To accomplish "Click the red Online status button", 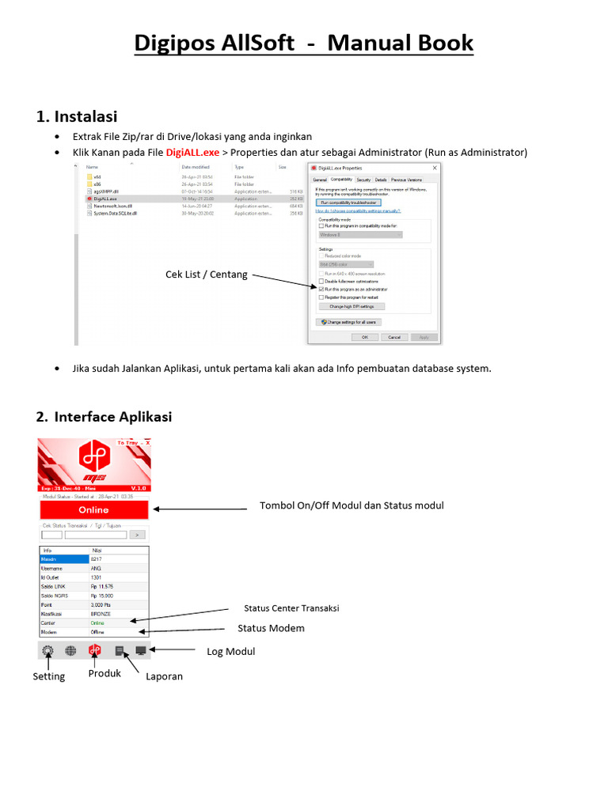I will (x=94, y=510).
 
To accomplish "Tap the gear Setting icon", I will (x=47, y=650).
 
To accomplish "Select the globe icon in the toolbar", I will (x=70, y=650).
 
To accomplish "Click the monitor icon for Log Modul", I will (x=141, y=650).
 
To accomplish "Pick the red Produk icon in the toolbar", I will (x=95, y=650).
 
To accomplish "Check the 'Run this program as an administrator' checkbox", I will (x=321, y=290).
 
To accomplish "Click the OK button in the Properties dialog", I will (x=365, y=337).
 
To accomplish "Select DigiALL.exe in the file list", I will (x=104, y=199).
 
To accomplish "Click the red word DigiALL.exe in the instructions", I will (x=192, y=153).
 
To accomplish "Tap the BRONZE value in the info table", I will (x=101, y=613).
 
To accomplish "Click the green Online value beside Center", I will (x=97, y=623).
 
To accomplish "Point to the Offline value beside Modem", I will (x=97, y=632).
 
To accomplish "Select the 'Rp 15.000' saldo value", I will (x=104, y=595).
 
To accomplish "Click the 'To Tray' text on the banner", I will (x=127, y=443).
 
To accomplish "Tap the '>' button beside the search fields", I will (x=142, y=535).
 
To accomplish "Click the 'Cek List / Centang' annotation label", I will (x=206, y=274).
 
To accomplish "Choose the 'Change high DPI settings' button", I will (x=351, y=306).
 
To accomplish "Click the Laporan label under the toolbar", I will (x=164, y=676).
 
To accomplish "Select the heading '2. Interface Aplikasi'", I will (x=104, y=417).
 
